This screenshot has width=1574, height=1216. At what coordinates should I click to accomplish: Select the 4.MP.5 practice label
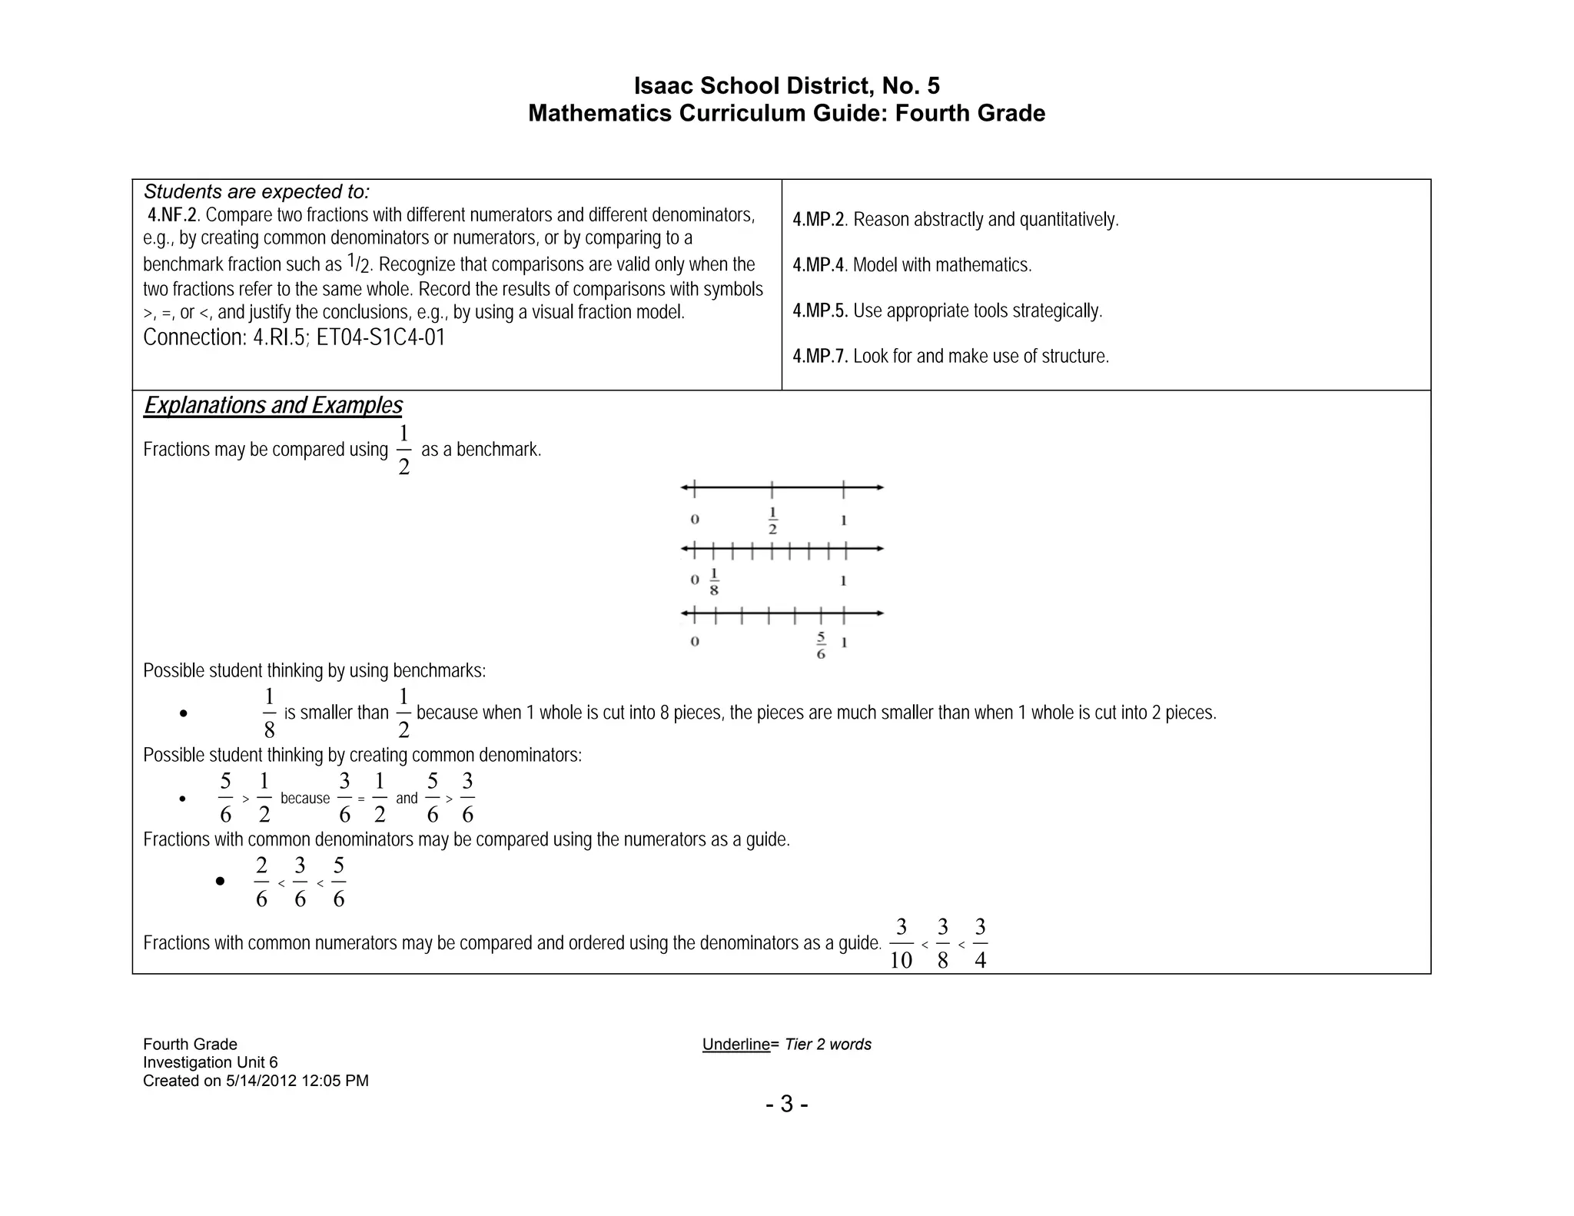[x=820, y=311]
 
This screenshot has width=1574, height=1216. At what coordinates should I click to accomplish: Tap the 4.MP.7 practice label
[x=820, y=357]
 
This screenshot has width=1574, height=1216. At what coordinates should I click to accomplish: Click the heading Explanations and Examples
[x=273, y=406]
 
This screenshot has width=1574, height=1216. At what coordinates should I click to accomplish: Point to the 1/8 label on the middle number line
[x=714, y=582]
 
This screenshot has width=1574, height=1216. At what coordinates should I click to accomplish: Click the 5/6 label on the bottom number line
[x=821, y=646]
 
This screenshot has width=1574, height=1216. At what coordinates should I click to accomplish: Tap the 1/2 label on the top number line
[x=772, y=521]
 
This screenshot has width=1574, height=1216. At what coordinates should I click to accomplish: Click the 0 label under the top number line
[x=695, y=520]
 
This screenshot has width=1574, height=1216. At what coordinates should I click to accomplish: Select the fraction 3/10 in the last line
[x=901, y=944]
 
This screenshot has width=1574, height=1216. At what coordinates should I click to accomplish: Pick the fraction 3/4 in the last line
[x=980, y=944]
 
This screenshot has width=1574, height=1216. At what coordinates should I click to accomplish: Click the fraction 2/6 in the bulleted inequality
[x=261, y=882]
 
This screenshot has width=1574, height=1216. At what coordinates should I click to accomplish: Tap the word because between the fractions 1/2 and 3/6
[x=305, y=799]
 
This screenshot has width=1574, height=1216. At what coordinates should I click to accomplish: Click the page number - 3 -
[x=786, y=1105]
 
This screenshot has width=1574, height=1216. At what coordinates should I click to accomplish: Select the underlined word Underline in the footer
[x=736, y=1045]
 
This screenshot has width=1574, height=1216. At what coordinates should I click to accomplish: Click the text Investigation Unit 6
[x=210, y=1062]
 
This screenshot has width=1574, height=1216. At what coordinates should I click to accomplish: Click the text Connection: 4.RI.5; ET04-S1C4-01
[x=294, y=337]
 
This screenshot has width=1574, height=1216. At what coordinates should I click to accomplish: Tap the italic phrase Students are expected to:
[x=257, y=191]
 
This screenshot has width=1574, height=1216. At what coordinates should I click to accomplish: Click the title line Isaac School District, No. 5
[x=786, y=85]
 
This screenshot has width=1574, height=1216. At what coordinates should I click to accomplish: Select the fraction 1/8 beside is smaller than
[x=269, y=713]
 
